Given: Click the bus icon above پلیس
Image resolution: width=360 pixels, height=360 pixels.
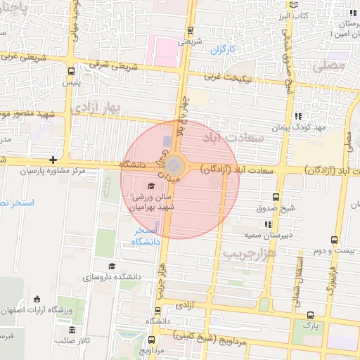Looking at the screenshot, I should (x=70, y=72).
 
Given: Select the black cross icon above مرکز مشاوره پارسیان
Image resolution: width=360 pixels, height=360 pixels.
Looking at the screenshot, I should (x=53, y=160).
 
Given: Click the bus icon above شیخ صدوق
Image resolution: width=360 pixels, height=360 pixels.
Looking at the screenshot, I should (x=276, y=197).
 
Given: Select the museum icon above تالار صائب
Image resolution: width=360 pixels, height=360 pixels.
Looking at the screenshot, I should (x=72, y=329).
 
